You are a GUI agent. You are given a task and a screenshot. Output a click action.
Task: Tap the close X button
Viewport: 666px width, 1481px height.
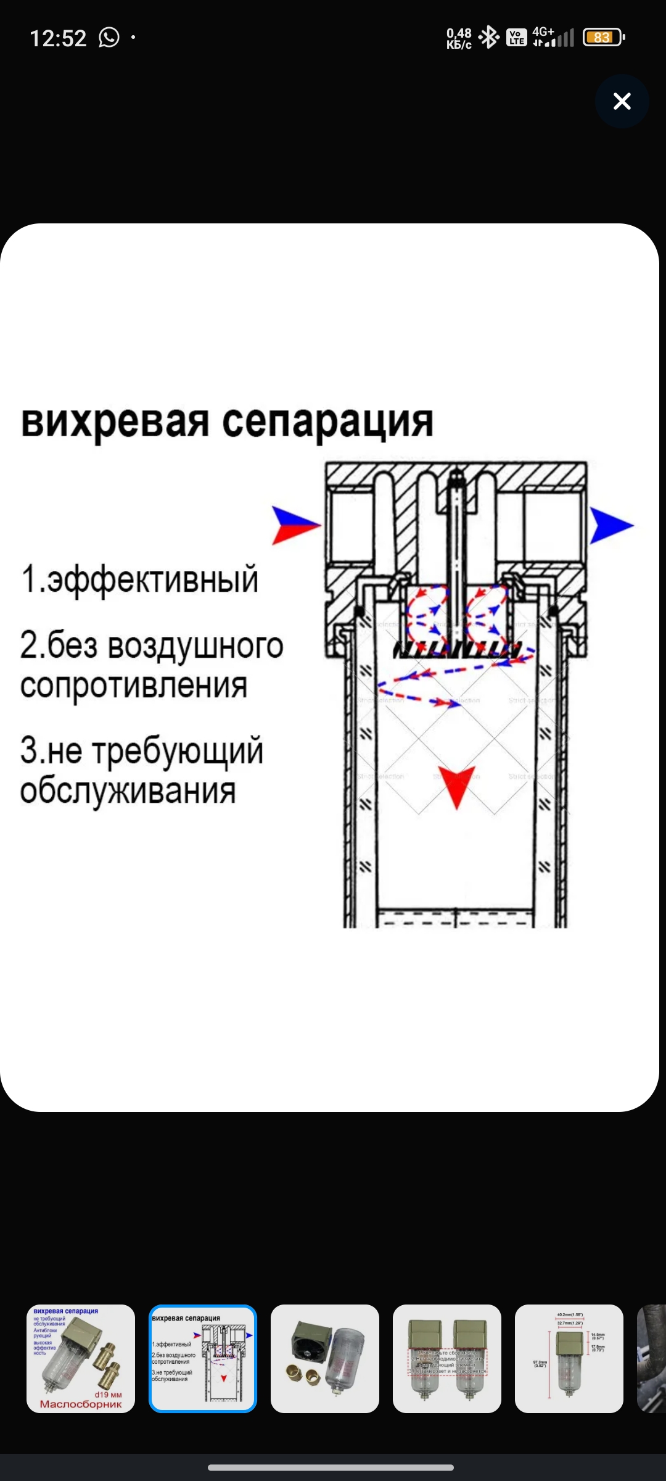[622, 101]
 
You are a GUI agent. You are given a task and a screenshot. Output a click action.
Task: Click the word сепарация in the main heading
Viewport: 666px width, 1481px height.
[327, 422]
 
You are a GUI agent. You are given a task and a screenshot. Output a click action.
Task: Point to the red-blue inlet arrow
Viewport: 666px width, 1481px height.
[295, 525]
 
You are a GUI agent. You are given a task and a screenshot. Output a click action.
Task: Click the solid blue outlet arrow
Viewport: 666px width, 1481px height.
[610, 526]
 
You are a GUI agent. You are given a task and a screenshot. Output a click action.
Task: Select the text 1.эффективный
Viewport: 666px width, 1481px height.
[140, 579]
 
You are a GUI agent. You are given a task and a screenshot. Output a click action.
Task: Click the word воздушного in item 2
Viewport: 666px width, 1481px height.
[195, 646]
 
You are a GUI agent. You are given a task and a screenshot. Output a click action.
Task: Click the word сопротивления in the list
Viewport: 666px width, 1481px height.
[134, 686]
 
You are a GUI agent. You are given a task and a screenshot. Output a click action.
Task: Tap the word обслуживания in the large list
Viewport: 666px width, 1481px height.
[128, 790]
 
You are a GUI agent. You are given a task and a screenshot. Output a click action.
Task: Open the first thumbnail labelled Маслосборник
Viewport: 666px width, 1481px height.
[81, 1358]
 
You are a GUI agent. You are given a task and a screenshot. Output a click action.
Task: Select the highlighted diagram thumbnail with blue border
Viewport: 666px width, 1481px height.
[203, 1358]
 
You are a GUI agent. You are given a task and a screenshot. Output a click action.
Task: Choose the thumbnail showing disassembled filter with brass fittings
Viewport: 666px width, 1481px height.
[325, 1358]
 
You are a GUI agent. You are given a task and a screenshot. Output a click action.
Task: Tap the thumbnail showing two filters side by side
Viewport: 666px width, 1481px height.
[447, 1358]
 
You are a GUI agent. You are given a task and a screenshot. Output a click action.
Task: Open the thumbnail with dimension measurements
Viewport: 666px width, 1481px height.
[569, 1358]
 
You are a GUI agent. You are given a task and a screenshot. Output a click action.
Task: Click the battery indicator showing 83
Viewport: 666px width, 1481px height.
[603, 38]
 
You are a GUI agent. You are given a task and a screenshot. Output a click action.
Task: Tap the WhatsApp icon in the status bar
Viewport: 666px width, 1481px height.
[109, 38]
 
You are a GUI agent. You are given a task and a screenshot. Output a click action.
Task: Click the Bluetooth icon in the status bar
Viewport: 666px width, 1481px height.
[489, 38]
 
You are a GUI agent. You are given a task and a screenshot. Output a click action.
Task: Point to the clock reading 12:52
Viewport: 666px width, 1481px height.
[58, 38]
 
